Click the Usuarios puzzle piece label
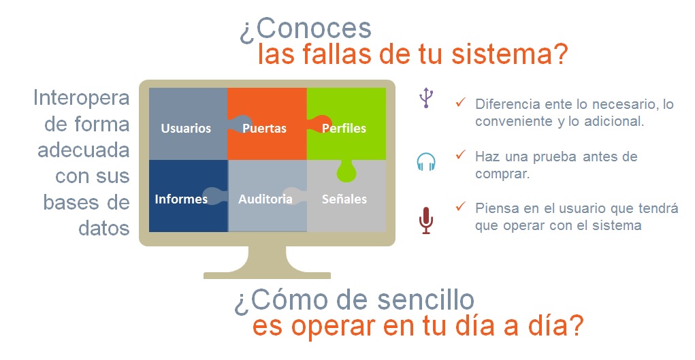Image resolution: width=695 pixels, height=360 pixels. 186,128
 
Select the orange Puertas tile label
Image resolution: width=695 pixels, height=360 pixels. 264,128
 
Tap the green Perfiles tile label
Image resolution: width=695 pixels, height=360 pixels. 344,128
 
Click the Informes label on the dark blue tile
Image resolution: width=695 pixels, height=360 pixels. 181,199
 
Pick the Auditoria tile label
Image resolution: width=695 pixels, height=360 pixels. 265,199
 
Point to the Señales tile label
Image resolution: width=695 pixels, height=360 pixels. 344,199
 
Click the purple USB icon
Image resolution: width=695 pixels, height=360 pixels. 426,98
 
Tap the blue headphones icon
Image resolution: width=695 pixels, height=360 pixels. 426,162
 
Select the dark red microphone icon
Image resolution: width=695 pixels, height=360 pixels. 426,221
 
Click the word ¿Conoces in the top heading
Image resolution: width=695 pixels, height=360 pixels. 306,29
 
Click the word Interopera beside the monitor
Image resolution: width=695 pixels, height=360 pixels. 81,98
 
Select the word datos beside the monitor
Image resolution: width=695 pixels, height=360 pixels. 103,228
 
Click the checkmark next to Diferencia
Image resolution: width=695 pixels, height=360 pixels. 461,102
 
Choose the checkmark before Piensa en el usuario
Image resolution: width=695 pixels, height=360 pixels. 461,206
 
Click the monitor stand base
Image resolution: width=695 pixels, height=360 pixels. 267,274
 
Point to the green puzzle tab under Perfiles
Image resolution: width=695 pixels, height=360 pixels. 346,172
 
